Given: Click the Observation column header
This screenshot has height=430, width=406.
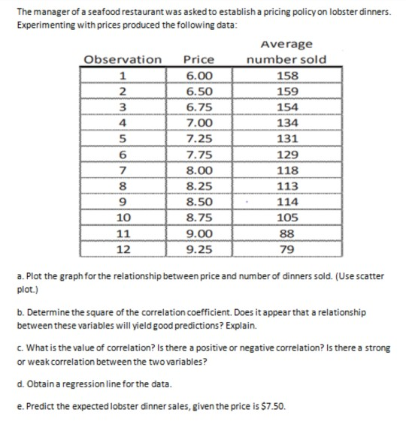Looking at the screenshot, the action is [123, 59].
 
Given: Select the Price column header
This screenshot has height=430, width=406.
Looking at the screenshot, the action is [199, 59].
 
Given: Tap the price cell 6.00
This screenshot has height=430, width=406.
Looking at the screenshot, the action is [199, 75].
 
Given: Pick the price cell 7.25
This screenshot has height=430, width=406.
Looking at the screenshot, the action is [199, 138].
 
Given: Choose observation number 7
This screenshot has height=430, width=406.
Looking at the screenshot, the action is [123, 170].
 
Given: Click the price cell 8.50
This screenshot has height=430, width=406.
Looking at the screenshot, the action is [199, 202].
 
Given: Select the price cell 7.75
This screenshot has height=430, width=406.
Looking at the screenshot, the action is [199, 154].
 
